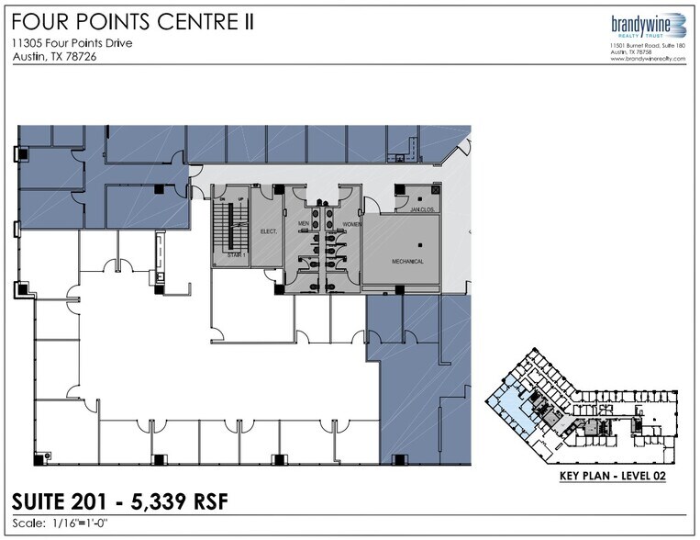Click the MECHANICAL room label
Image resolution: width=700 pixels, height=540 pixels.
407,261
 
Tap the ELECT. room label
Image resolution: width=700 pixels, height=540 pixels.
269,231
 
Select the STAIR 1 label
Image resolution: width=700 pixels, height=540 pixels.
237,254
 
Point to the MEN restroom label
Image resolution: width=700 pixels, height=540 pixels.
304,223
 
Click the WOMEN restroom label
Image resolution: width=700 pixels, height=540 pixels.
353,223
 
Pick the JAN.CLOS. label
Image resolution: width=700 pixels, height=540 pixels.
420,208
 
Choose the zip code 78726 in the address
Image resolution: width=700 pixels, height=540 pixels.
81,57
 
